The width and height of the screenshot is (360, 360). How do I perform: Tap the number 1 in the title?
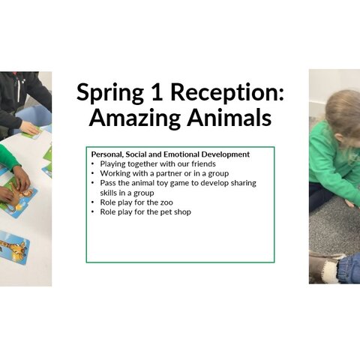(x=157, y=91)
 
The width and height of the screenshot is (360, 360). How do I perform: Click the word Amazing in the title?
(x=134, y=118)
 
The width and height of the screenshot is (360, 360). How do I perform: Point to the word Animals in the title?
(x=229, y=117)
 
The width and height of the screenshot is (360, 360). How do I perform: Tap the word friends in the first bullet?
(x=203, y=163)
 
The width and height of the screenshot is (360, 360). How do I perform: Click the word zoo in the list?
(x=166, y=202)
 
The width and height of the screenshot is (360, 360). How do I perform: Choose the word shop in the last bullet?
(x=183, y=212)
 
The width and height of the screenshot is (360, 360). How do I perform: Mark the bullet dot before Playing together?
(x=93, y=164)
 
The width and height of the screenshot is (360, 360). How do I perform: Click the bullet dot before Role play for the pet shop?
(x=93, y=212)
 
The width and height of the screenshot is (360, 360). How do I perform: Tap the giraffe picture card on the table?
(x=13, y=247)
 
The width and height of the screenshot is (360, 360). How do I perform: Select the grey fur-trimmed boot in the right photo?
(x=325, y=267)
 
